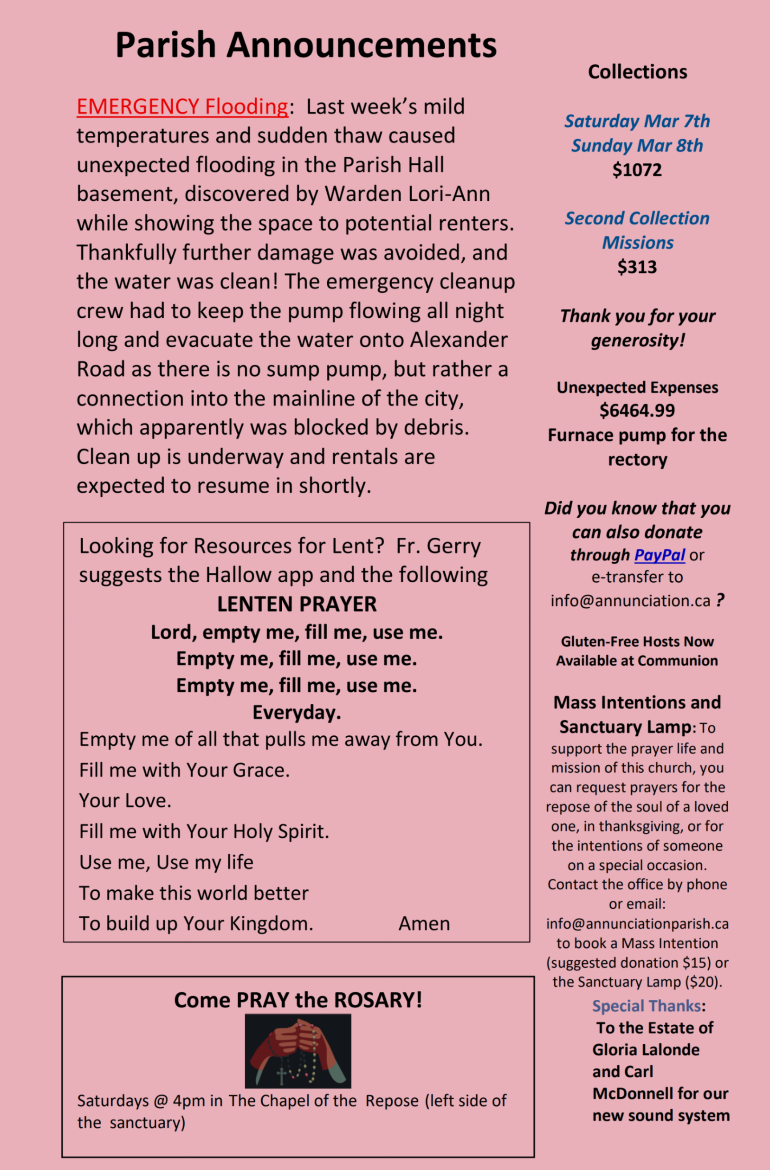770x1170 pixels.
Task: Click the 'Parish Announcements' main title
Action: point(306,45)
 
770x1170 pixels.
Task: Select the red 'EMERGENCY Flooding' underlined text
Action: point(182,107)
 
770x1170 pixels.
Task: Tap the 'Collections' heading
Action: point(637,72)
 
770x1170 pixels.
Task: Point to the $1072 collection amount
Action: point(637,170)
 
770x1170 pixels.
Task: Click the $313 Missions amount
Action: point(637,267)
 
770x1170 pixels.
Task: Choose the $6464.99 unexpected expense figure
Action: point(637,410)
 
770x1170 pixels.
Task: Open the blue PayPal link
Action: point(660,555)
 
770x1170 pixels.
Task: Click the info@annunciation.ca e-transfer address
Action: point(630,601)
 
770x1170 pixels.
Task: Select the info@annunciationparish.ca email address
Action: point(637,924)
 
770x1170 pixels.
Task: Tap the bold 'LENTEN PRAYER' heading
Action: point(297,604)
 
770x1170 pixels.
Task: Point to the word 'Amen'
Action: point(424,924)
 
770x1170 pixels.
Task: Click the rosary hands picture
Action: point(298,1051)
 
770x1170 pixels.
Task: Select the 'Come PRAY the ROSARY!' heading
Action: point(298,1000)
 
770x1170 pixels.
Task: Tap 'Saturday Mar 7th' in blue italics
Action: point(637,121)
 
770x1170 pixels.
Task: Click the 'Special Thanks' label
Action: point(646,1006)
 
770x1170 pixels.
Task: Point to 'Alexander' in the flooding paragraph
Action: point(459,340)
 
